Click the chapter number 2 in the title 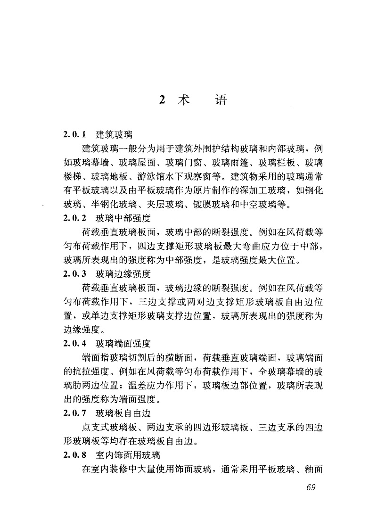pyautogui.click(x=162, y=100)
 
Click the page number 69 pyautogui.click(x=310, y=487)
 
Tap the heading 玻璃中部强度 pyautogui.click(x=120, y=218)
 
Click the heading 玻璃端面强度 pyautogui.click(x=120, y=342)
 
